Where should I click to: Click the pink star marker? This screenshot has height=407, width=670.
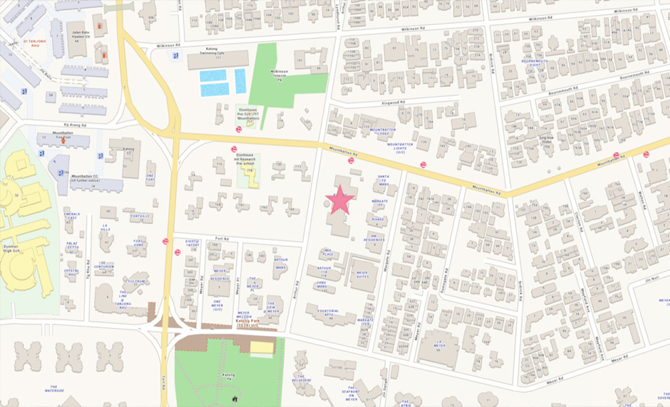(340, 200)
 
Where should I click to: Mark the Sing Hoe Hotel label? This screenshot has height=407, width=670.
(547, 140)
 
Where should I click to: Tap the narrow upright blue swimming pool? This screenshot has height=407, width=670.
(241, 81)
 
